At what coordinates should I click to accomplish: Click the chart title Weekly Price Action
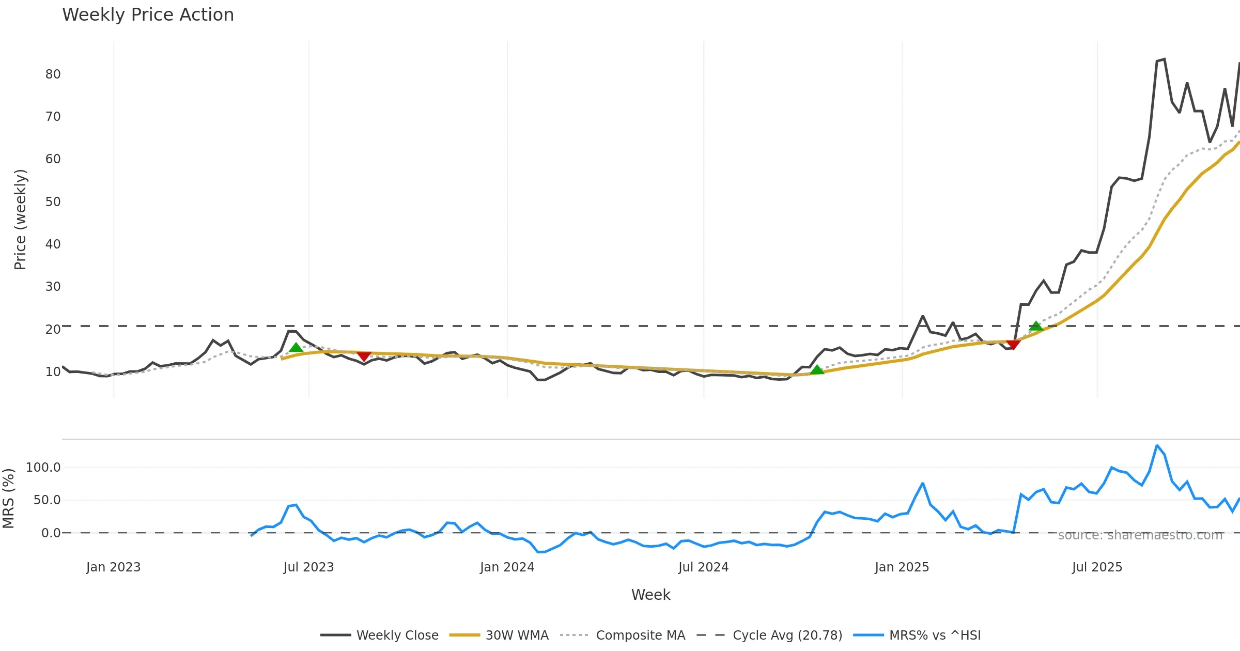point(148,15)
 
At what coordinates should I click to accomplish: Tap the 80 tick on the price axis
point(53,74)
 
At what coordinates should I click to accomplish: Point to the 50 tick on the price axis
point(53,202)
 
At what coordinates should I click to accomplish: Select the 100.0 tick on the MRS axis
point(43,468)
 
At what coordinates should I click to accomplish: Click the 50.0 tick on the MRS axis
point(47,500)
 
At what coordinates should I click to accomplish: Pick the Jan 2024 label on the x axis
point(507,567)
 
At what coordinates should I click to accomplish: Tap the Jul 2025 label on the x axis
point(1097,567)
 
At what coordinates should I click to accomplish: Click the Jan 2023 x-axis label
point(113,567)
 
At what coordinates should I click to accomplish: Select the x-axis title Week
point(650,595)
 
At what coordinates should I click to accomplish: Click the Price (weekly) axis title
point(20,220)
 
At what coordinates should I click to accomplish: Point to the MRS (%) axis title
point(8,499)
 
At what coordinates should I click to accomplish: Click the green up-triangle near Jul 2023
point(296,348)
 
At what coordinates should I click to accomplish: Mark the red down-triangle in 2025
point(1013,344)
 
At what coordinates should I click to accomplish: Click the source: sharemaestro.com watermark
point(1140,535)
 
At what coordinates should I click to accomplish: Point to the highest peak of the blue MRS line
point(1157,445)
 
